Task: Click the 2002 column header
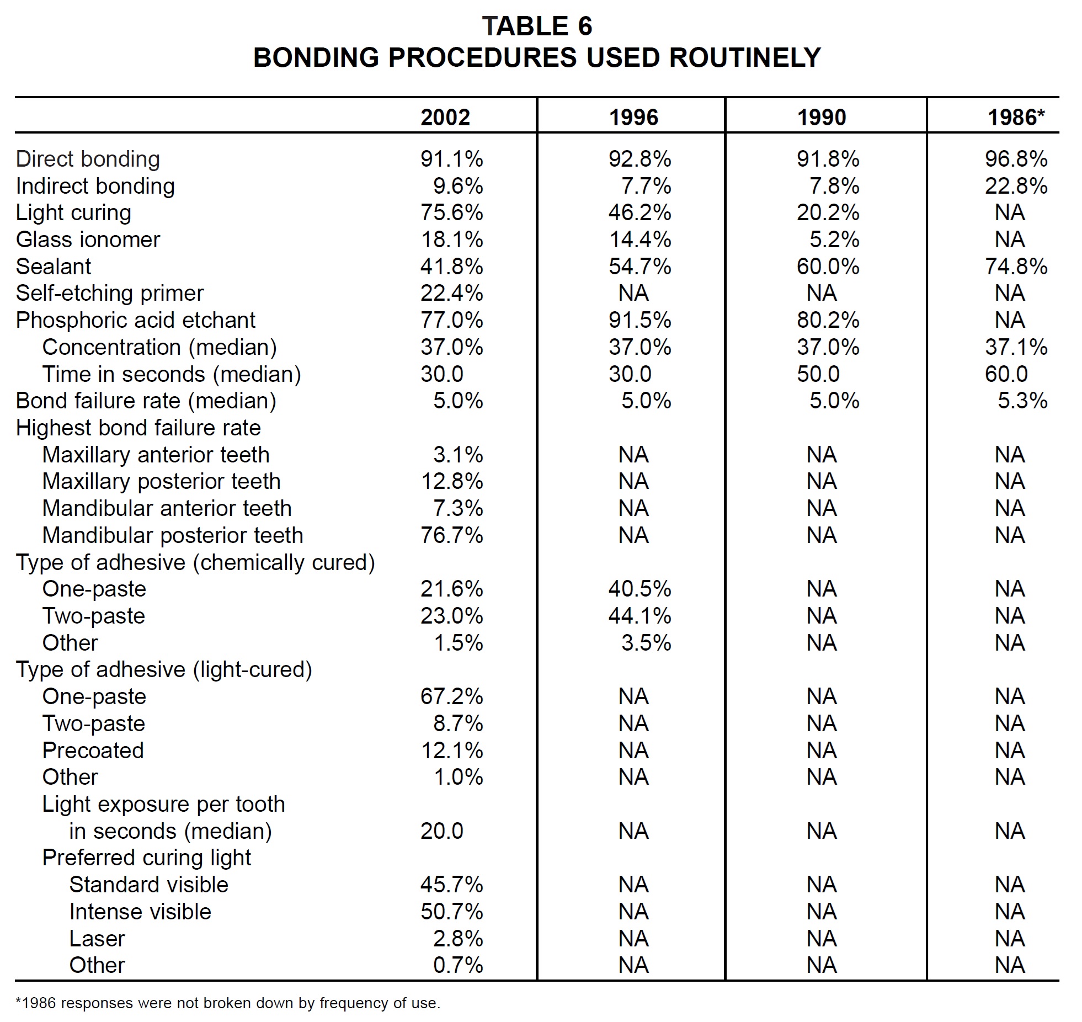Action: [445, 117]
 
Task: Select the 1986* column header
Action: [1016, 117]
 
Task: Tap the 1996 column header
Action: [633, 117]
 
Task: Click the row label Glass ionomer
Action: [88, 239]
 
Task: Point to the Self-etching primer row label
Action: [110, 293]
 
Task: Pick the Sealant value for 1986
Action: [1016, 267]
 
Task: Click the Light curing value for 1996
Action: [639, 212]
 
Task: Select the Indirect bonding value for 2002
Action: [458, 186]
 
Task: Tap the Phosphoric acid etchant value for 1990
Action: [828, 320]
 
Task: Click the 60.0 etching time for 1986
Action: [1006, 374]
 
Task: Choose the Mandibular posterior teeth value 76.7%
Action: [451, 535]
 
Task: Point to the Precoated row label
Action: [93, 750]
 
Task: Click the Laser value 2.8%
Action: [458, 939]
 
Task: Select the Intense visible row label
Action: [140, 912]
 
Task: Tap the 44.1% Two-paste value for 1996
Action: [639, 616]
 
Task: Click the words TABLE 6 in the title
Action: [537, 26]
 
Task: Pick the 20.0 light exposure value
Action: [441, 831]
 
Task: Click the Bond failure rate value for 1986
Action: [1022, 401]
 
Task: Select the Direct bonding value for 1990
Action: [828, 159]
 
